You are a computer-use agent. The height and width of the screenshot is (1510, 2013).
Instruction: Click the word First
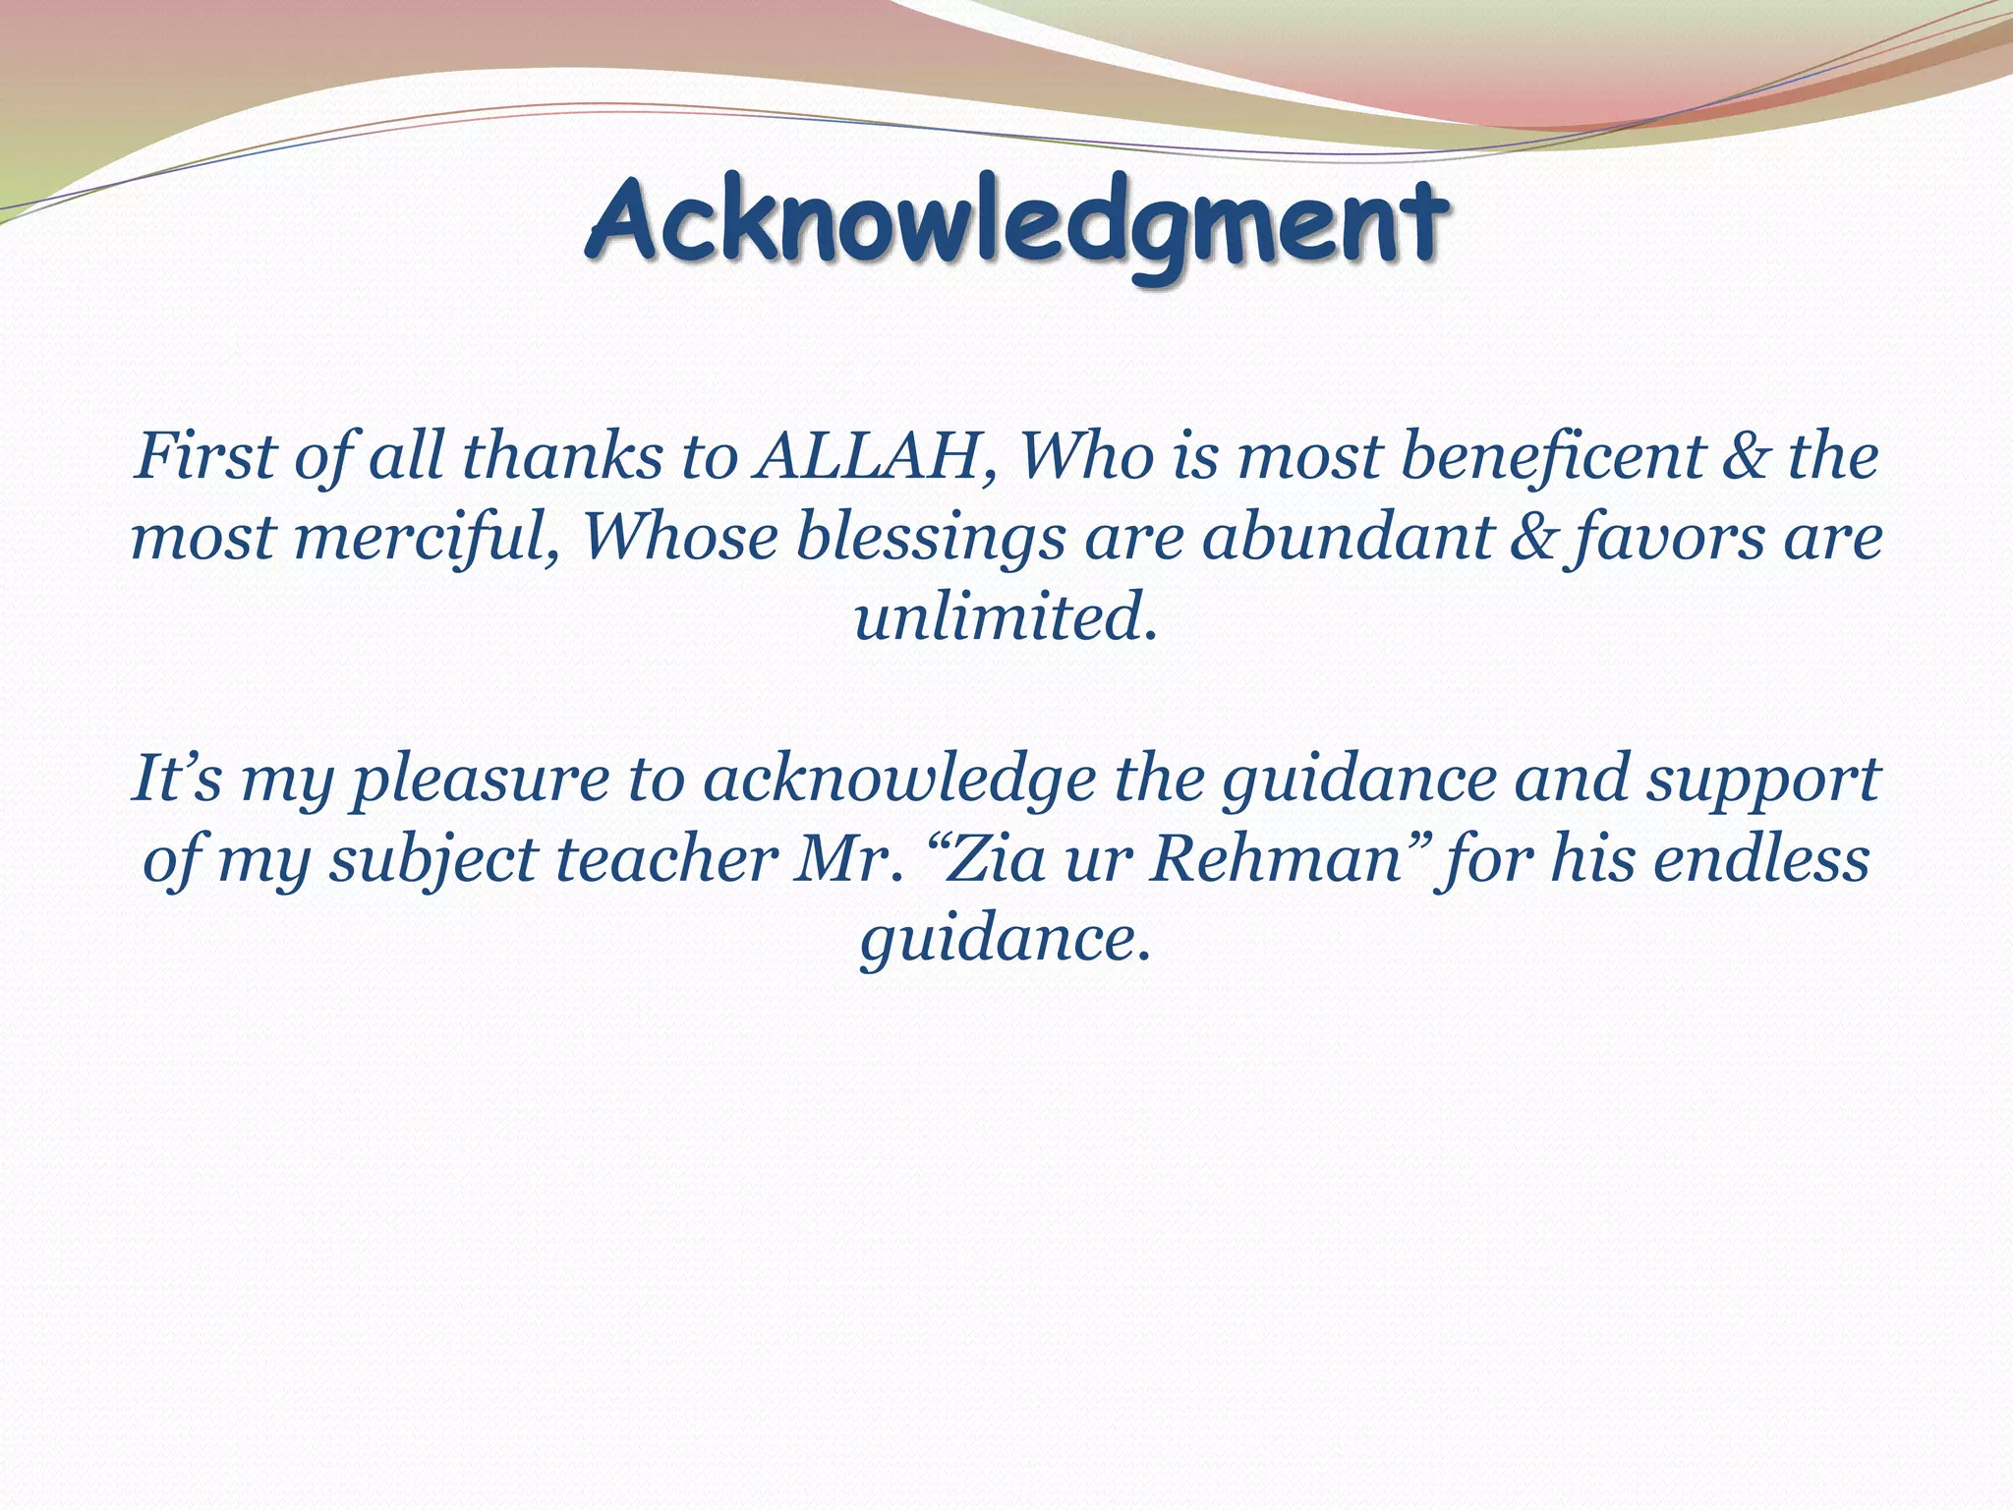[x=205, y=458]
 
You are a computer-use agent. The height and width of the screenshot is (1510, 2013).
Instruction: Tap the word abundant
[x=1348, y=539]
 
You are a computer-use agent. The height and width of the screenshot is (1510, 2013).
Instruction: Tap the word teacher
[x=667, y=860]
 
